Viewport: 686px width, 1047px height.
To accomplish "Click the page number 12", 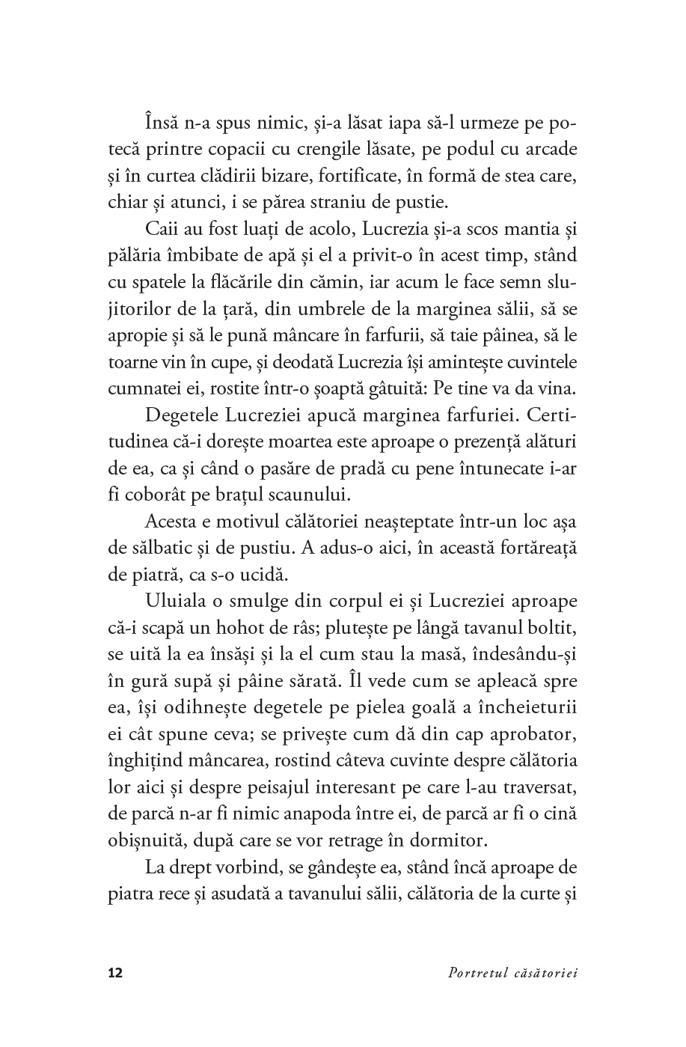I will point(115,973).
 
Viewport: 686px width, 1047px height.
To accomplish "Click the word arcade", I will point(550,149).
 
